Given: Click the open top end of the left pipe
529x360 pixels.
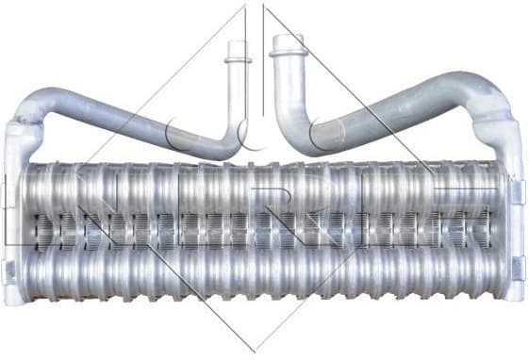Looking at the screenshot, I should (237, 43).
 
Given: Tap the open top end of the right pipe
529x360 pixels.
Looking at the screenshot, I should (287, 39).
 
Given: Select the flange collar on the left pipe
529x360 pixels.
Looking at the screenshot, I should (238, 60).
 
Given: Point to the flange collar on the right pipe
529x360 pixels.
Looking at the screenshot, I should (286, 53).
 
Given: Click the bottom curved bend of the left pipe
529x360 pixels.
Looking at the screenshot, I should (226, 146).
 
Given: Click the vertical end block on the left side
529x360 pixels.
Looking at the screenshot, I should (16, 217).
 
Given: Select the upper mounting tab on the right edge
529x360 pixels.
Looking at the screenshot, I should (518, 189).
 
